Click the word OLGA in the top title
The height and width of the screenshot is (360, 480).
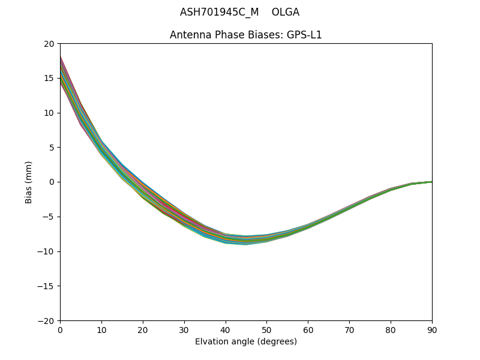(x=286, y=12)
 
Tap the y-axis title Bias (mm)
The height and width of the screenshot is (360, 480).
(x=29, y=182)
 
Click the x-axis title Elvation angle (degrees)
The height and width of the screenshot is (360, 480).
(x=246, y=342)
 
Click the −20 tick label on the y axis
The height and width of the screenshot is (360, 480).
(x=47, y=321)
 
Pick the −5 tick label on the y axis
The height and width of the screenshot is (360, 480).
(x=49, y=217)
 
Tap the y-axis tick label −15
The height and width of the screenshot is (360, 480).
(x=47, y=286)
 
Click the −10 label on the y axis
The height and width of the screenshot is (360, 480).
(x=47, y=251)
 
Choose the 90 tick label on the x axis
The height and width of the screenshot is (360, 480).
(x=432, y=330)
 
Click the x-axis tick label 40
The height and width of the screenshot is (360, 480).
(x=226, y=330)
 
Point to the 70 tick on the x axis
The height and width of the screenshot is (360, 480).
(x=349, y=330)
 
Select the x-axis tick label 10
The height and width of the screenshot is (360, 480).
(x=101, y=330)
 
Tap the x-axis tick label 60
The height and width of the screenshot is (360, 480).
(x=308, y=330)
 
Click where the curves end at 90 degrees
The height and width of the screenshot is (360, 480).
(x=431, y=182)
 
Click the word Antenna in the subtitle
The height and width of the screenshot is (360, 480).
(x=188, y=35)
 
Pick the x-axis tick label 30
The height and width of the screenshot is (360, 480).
(x=184, y=330)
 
